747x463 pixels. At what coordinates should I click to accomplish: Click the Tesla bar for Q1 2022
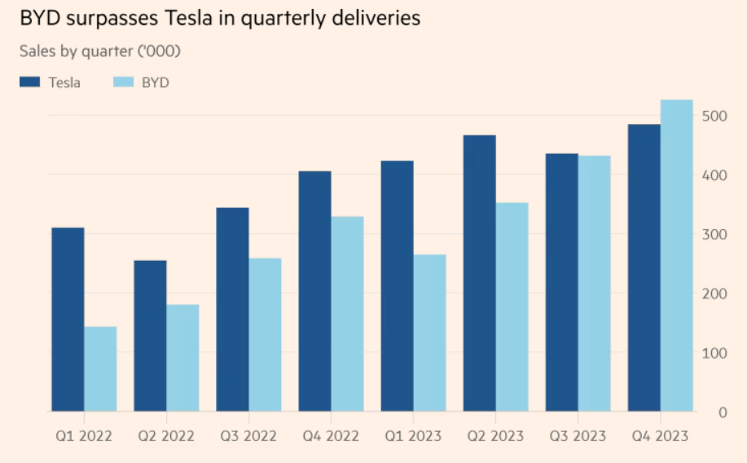coord(68,319)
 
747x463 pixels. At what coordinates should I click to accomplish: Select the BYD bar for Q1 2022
coord(100,368)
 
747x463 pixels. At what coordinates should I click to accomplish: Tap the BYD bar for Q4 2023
coord(676,255)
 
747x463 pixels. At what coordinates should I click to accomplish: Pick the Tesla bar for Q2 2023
coord(479,273)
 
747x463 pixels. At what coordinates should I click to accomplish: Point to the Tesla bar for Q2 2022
coord(150,335)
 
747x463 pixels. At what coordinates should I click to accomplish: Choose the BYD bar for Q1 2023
coord(429,333)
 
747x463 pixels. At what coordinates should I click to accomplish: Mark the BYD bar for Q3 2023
coord(594,283)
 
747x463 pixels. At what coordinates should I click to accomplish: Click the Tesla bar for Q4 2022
coord(314,291)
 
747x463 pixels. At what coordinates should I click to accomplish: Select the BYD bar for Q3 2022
coord(265,334)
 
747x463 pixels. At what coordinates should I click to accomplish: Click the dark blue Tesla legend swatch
coord(30,82)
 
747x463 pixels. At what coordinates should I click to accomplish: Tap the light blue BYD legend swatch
coord(123,82)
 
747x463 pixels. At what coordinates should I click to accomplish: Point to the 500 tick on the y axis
coord(711,116)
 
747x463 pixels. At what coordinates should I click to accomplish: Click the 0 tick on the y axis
coord(722,412)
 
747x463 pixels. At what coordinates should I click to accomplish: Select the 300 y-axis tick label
coord(711,235)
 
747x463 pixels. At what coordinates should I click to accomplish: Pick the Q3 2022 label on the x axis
coord(248,436)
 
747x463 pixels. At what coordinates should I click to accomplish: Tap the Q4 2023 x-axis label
coord(659,436)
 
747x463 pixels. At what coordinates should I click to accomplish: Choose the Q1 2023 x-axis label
coord(412,436)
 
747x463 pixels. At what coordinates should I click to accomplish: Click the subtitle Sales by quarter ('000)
coord(99,51)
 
